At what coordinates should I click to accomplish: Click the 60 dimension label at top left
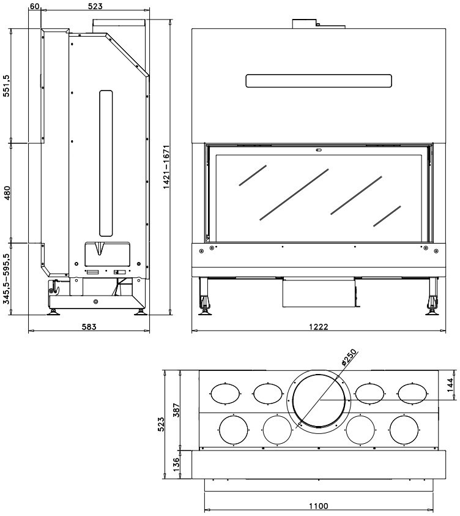click(x=34, y=6)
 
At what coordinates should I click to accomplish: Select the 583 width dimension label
click(x=89, y=326)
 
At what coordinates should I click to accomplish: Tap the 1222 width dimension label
click(x=319, y=326)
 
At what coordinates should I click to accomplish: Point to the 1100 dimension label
click(x=319, y=506)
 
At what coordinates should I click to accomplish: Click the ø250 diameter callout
click(x=349, y=357)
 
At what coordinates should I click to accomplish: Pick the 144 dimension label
click(x=450, y=385)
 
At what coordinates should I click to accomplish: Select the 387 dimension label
click(x=177, y=410)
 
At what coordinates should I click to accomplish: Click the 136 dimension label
click(x=176, y=465)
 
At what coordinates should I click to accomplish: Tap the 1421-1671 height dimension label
click(x=166, y=167)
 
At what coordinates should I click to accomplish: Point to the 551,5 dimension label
click(x=7, y=86)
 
